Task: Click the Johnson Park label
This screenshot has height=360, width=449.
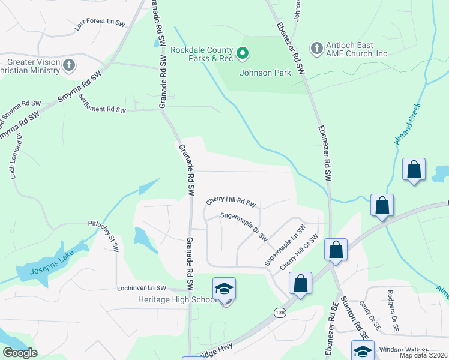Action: (x=265, y=73)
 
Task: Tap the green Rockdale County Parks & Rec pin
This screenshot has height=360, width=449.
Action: (x=243, y=54)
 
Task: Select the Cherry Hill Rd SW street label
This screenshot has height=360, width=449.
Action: (x=231, y=202)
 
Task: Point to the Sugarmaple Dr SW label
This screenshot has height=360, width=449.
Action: (x=243, y=225)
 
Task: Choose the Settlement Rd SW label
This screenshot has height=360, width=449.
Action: (x=103, y=106)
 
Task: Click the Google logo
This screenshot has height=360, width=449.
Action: (x=19, y=353)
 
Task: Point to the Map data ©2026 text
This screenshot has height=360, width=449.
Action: (x=423, y=355)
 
